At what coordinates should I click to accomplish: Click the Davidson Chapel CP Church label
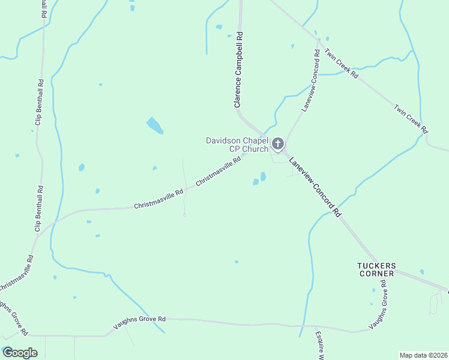coord(237,145)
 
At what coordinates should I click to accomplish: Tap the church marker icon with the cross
coord(277,143)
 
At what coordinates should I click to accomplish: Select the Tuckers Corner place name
coord(376,269)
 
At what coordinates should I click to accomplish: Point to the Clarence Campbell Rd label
coord(238,70)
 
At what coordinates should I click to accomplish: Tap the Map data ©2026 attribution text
coord(423,355)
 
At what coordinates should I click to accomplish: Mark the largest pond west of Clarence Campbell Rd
coord(155,125)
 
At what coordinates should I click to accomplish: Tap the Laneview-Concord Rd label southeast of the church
coord(315,187)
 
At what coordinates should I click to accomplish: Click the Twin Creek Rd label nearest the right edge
coord(411,119)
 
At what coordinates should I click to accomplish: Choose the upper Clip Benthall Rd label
coord(41,106)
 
